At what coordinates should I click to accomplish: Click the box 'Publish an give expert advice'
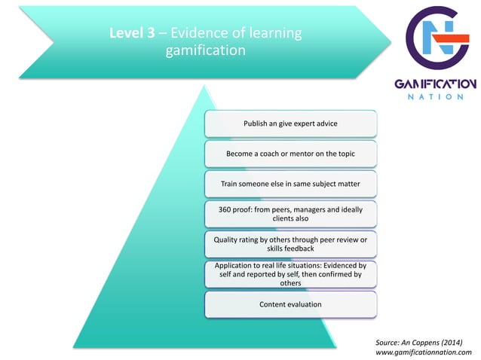(290, 123)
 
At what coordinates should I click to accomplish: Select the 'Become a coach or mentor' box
(290, 153)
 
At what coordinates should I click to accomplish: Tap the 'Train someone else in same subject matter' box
(290, 183)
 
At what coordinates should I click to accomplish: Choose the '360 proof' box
(290, 214)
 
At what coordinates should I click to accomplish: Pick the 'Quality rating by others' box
(290, 244)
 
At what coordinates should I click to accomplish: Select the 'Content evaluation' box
(290, 304)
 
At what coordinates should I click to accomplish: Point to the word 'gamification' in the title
(205, 51)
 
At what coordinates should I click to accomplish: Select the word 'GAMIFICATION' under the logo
(436, 83)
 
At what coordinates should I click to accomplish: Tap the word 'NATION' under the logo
(436, 96)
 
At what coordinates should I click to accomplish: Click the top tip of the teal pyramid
(204, 84)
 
